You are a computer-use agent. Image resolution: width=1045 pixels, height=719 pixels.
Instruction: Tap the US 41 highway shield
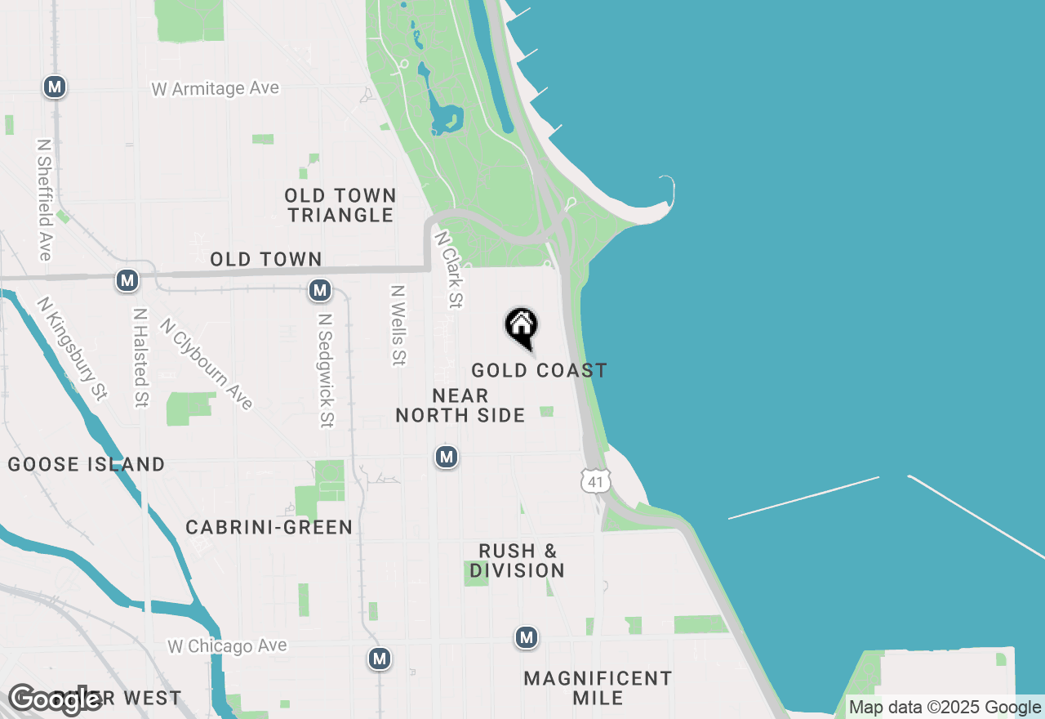click(x=596, y=481)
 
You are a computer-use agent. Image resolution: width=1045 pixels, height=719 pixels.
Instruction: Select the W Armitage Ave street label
click(x=216, y=88)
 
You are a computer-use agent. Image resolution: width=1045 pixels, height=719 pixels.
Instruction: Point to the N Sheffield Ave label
click(x=44, y=199)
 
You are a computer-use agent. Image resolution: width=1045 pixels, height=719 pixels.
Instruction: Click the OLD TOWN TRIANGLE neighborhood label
click(x=340, y=205)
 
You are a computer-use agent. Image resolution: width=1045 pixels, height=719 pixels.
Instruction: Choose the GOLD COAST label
click(x=539, y=371)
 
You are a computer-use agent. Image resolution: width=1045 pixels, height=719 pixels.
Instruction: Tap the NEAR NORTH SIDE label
click(x=460, y=406)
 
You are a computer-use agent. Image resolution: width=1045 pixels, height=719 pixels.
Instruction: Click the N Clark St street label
click(x=449, y=270)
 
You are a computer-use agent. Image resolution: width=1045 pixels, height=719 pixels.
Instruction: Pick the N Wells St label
click(x=399, y=324)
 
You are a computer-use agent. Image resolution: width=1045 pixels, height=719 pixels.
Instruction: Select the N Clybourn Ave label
click(x=207, y=363)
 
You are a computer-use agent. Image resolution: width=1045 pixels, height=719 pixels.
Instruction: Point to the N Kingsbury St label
click(x=72, y=349)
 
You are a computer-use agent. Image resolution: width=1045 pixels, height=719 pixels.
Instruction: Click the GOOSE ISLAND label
click(x=87, y=465)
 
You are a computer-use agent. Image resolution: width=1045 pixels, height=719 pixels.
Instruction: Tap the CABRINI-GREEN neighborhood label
click(x=269, y=528)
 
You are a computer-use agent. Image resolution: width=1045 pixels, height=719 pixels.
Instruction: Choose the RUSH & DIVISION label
click(x=518, y=560)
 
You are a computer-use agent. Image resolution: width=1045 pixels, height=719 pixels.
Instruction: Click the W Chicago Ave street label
click(x=227, y=646)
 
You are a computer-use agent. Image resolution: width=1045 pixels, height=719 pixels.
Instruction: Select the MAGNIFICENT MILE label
click(x=598, y=688)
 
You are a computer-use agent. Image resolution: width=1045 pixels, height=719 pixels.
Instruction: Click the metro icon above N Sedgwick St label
click(x=320, y=289)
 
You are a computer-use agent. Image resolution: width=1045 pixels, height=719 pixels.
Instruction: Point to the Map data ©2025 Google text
click(x=945, y=708)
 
